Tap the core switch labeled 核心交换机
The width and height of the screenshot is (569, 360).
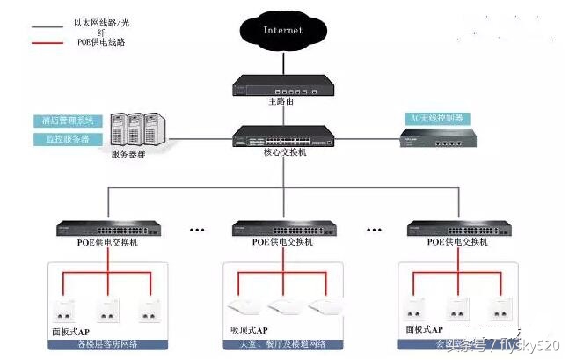283,136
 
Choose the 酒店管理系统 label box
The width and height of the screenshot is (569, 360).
67,121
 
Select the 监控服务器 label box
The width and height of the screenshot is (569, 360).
67,139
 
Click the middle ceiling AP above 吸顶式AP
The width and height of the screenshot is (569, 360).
282,307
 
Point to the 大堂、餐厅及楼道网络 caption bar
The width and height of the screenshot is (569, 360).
282,343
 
